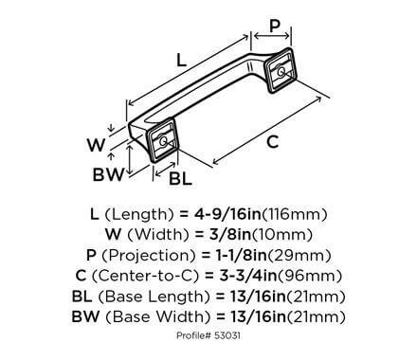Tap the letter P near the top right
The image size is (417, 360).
click(x=275, y=25)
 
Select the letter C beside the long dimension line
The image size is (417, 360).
click(x=273, y=142)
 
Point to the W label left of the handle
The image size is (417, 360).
click(x=95, y=144)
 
